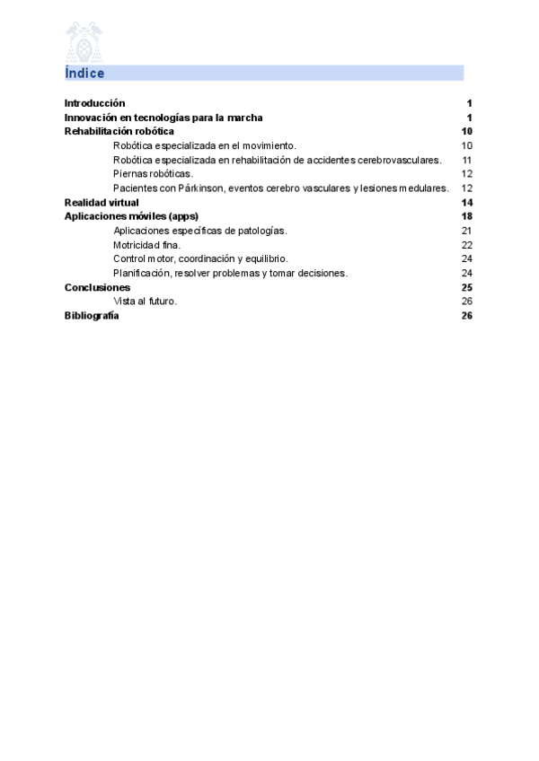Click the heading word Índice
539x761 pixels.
tap(84, 73)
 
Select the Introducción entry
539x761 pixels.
tap(94, 103)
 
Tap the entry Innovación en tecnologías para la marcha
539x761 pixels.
tap(163, 118)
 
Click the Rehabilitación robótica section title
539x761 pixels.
tap(119, 131)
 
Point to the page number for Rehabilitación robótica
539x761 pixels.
tap(466, 131)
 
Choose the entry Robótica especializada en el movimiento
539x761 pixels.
tap(205, 145)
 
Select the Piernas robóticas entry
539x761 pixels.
tap(153, 173)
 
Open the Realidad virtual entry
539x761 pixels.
tap(102, 202)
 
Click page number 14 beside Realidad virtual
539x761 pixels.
tap(466, 202)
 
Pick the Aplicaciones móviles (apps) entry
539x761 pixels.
tap(131, 216)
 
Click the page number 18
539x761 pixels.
tap(466, 216)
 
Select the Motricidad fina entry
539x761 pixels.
tap(147, 244)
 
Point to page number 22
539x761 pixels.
tap(466, 244)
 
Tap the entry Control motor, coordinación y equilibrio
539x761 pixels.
tap(200, 258)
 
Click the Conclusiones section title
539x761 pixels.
tap(97, 287)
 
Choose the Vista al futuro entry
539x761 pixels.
tap(146, 302)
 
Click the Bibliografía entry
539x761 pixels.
tap(92, 316)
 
